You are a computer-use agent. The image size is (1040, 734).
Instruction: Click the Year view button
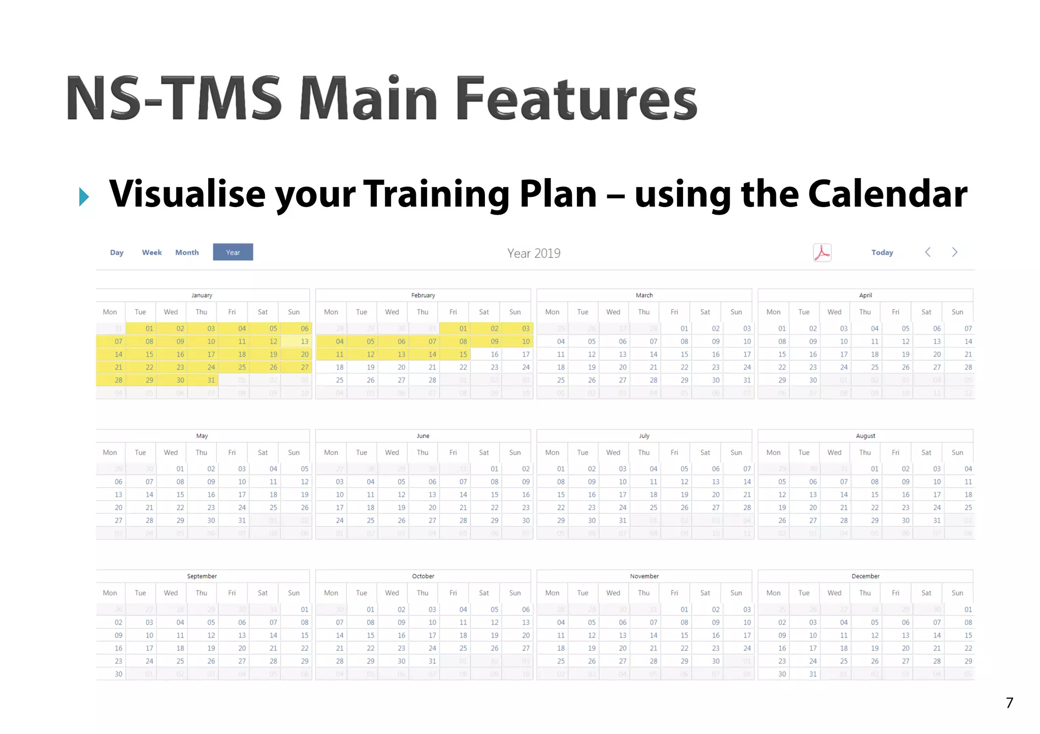tap(233, 252)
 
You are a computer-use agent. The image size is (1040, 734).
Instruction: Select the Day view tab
tap(117, 253)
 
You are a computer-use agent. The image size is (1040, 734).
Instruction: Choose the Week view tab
tap(152, 253)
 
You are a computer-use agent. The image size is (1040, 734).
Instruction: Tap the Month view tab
tap(187, 253)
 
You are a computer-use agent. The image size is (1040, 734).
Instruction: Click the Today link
tap(882, 253)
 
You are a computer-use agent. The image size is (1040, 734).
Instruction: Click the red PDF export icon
tap(822, 253)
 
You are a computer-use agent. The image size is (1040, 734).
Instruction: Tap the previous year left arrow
tap(928, 252)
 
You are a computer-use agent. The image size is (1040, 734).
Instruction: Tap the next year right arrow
tap(955, 252)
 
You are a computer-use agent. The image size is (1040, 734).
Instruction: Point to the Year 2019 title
tap(534, 253)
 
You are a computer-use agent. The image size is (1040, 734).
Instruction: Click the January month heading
tap(202, 295)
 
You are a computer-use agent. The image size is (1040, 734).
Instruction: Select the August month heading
tap(865, 436)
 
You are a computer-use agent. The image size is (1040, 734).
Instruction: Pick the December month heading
tap(865, 576)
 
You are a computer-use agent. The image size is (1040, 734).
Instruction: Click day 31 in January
tap(211, 380)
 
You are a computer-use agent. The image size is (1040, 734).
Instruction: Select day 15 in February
tap(463, 354)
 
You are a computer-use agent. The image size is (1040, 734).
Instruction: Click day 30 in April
tap(813, 380)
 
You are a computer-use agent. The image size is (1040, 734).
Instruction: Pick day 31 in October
tap(432, 661)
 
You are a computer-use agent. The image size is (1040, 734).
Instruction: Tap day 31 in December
tap(813, 674)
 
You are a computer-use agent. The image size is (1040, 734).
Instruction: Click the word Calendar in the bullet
tap(888, 194)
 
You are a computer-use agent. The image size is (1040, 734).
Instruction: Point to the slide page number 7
tap(1010, 703)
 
